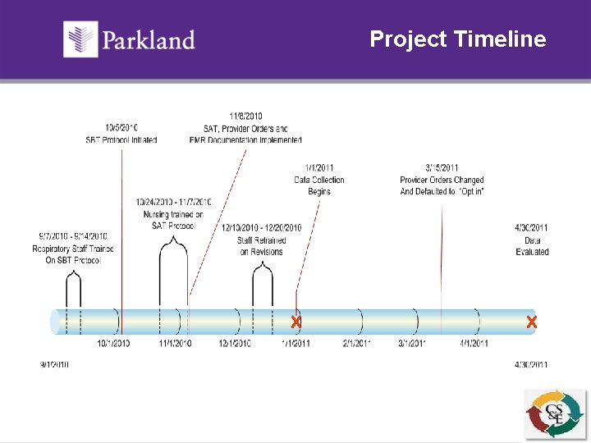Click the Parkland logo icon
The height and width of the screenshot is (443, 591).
pos(81,39)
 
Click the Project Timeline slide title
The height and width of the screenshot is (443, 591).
pos(457,39)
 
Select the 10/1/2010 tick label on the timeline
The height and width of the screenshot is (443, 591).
pos(113,344)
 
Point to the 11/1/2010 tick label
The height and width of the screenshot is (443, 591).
pos(175,344)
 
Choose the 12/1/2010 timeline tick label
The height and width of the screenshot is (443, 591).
pos(235,344)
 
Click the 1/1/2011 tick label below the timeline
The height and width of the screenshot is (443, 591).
pos(295,344)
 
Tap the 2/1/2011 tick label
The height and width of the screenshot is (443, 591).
pos(357,344)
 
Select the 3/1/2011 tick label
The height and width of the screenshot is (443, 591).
pos(412,344)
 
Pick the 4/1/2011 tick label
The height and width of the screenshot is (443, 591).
pos(474,344)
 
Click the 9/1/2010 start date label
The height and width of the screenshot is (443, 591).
pos(54,365)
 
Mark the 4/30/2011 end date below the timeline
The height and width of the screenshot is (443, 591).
pos(531,365)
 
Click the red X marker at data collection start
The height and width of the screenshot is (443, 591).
pos(295,322)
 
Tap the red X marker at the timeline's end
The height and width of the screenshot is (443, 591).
pos(531,322)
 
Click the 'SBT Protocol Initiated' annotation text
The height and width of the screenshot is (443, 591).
pos(121,139)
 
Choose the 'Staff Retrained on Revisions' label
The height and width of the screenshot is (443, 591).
pos(262,246)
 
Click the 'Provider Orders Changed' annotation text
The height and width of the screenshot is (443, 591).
pos(442,180)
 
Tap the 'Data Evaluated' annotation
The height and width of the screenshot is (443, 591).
pos(532,246)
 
